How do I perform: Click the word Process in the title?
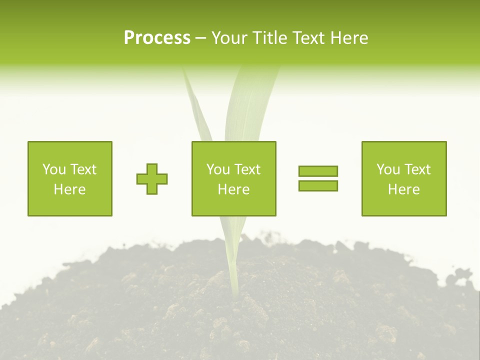157,38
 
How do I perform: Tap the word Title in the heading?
269,38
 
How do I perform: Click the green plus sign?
152,179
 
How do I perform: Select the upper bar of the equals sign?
318,171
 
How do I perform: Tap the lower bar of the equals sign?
318,185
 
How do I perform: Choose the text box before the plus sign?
70,178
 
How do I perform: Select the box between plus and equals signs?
233,178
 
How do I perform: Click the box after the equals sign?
403,178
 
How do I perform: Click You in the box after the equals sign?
387,169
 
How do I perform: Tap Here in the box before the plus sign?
70,189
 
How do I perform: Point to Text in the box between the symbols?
246,169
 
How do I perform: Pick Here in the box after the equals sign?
403,189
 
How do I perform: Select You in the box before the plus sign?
53,169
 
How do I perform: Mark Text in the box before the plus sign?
82,169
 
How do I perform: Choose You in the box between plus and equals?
217,169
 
